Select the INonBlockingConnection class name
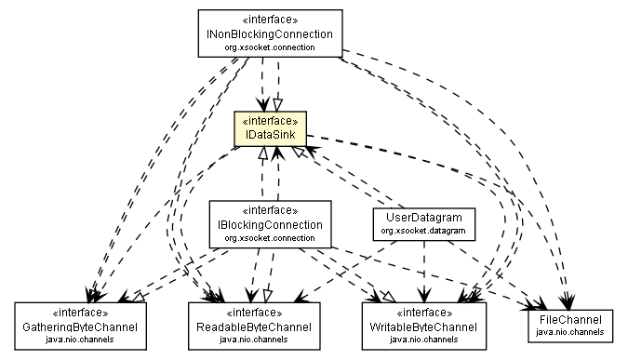[x=270, y=33]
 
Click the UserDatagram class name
[x=423, y=216]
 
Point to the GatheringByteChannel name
[x=79, y=327]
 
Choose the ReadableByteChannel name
[x=254, y=327]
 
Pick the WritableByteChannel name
[x=423, y=327]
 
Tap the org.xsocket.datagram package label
[x=423, y=229]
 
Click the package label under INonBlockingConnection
[x=270, y=47]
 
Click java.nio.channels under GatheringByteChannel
[x=79, y=340]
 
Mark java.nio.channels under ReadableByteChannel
[x=254, y=340]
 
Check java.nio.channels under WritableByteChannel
[x=423, y=340]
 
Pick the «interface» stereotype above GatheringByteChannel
[x=79, y=314]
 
